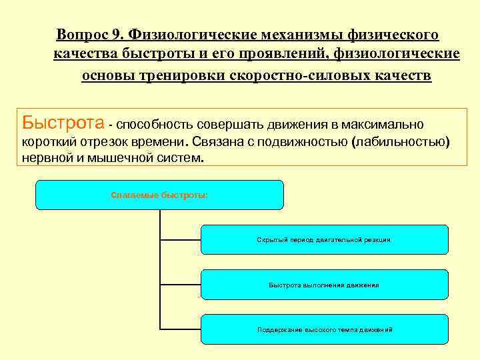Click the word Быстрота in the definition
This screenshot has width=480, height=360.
[x=63, y=123]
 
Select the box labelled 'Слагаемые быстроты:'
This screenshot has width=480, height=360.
[x=159, y=195]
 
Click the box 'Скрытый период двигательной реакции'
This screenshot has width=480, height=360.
[x=324, y=239]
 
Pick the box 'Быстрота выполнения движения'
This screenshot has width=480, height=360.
[x=324, y=285]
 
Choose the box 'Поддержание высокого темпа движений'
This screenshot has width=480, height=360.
[x=324, y=330]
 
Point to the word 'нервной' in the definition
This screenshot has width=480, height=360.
[x=45, y=159]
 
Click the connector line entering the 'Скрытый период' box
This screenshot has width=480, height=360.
[x=180, y=239]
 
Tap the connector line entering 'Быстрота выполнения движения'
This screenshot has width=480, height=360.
[x=180, y=285]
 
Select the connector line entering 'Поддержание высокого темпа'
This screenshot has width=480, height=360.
[x=180, y=329]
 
